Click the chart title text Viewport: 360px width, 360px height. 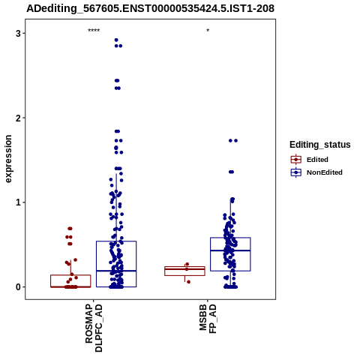click(151, 9)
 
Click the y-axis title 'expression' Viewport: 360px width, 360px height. click(8, 159)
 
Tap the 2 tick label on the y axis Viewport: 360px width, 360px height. click(19, 118)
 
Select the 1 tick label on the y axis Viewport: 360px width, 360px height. click(19, 202)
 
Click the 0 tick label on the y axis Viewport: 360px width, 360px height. click(19, 286)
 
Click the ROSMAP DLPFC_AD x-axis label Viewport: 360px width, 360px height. click(94, 328)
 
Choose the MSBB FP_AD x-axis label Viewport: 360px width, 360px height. click(208, 319)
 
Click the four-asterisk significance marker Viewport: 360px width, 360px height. click(94, 31)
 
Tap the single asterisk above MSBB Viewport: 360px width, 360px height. click(208, 31)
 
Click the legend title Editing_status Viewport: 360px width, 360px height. click(320, 145)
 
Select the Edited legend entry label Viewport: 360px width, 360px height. click(317, 160)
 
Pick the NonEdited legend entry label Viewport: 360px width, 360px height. click(325, 172)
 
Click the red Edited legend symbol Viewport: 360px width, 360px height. click(296, 160)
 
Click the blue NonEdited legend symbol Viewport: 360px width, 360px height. click(296, 172)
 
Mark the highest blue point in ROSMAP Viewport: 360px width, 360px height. click(116, 40)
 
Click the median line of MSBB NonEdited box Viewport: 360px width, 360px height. click(230, 250)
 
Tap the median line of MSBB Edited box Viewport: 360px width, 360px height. click(184, 269)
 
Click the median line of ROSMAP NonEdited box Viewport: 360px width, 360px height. click(116, 271)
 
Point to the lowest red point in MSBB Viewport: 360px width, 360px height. click(188, 282)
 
